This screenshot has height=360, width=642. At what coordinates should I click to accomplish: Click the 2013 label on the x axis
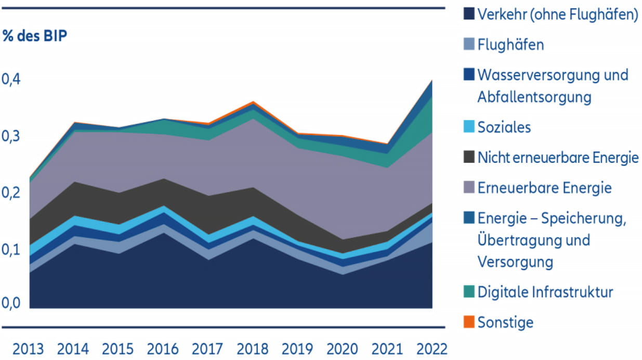(x=29, y=348)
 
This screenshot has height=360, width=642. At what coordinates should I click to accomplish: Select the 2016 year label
(x=163, y=348)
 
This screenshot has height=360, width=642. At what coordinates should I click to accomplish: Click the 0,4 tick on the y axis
(x=12, y=80)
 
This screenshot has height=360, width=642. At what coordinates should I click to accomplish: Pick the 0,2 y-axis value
(x=12, y=192)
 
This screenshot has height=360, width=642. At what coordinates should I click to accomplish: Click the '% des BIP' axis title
(x=35, y=37)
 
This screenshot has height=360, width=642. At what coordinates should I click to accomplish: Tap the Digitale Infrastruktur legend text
(x=545, y=292)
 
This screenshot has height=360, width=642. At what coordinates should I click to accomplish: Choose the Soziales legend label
(x=504, y=127)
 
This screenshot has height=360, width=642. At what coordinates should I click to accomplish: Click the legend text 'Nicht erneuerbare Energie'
(x=558, y=158)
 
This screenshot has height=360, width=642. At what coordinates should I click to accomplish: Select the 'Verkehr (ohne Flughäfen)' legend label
(x=558, y=15)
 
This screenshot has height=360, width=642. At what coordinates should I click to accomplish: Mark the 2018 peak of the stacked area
(x=253, y=102)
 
